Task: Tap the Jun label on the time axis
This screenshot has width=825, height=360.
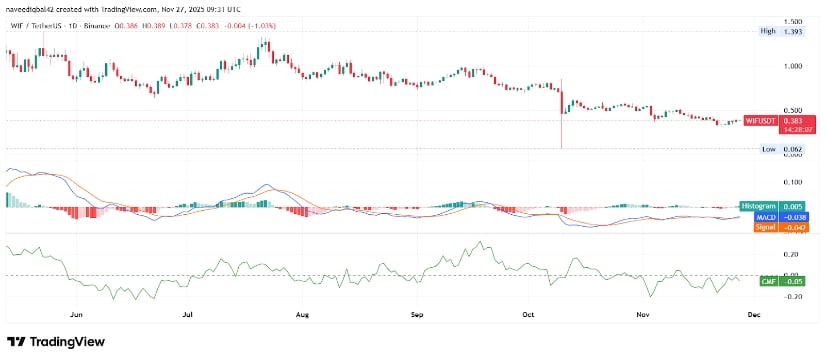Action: [x=76, y=313]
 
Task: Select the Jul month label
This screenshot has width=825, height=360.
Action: [x=188, y=313]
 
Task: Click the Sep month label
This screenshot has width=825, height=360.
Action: [x=418, y=313]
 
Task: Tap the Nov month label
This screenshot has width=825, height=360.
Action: [x=644, y=313]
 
